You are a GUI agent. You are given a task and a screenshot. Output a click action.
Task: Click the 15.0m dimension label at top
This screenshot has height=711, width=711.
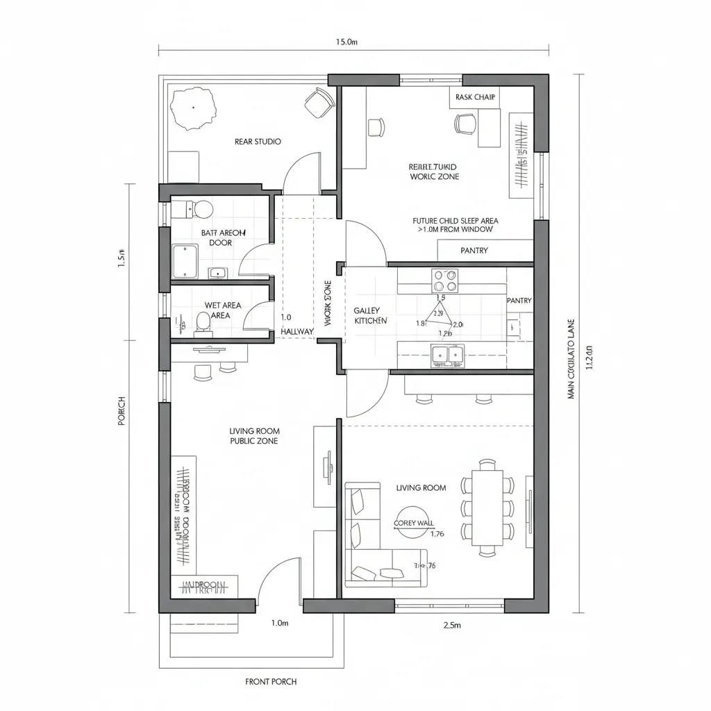(346, 42)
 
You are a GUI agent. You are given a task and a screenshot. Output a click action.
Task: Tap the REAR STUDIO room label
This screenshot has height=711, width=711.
(258, 142)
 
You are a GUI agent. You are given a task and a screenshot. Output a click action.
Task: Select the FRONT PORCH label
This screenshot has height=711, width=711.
(271, 682)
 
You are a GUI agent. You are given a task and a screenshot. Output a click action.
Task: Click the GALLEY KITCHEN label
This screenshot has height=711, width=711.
(370, 316)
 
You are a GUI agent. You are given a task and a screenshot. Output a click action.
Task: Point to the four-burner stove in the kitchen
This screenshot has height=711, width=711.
(445, 281)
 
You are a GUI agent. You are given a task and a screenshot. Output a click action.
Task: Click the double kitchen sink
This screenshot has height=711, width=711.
(446, 355)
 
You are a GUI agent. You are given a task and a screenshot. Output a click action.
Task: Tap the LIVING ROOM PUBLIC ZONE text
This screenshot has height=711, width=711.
(254, 436)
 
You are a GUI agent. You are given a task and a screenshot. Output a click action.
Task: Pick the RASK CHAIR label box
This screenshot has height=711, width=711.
(475, 97)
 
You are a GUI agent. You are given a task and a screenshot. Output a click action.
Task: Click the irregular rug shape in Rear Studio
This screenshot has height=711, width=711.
(193, 109)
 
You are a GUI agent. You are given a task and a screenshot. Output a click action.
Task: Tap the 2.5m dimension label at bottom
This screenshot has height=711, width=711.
(452, 626)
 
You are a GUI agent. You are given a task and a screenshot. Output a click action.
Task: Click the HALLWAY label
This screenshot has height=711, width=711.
(297, 332)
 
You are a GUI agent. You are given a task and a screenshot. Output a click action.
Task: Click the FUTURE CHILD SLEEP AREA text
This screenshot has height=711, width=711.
(455, 225)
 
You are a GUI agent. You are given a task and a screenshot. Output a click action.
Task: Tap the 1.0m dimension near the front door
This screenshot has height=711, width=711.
(279, 624)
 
